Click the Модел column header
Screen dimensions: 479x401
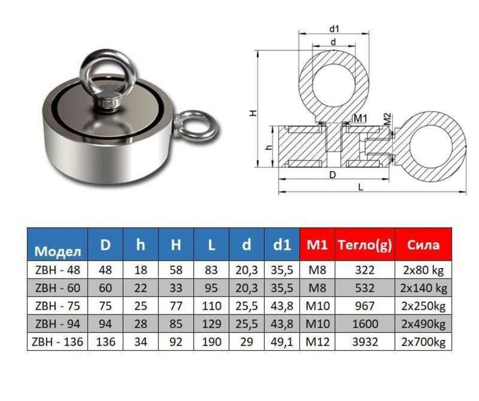click(57, 245)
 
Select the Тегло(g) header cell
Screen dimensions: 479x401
click(365, 245)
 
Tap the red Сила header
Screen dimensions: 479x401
click(423, 245)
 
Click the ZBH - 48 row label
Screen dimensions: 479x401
click(57, 270)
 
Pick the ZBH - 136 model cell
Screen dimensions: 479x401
click(57, 341)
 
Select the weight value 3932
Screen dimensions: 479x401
click(365, 341)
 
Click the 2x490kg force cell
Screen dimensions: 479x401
click(423, 324)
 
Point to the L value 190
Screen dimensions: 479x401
click(211, 341)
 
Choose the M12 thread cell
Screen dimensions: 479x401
click(317, 341)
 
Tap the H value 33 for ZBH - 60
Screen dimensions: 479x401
click(176, 288)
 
